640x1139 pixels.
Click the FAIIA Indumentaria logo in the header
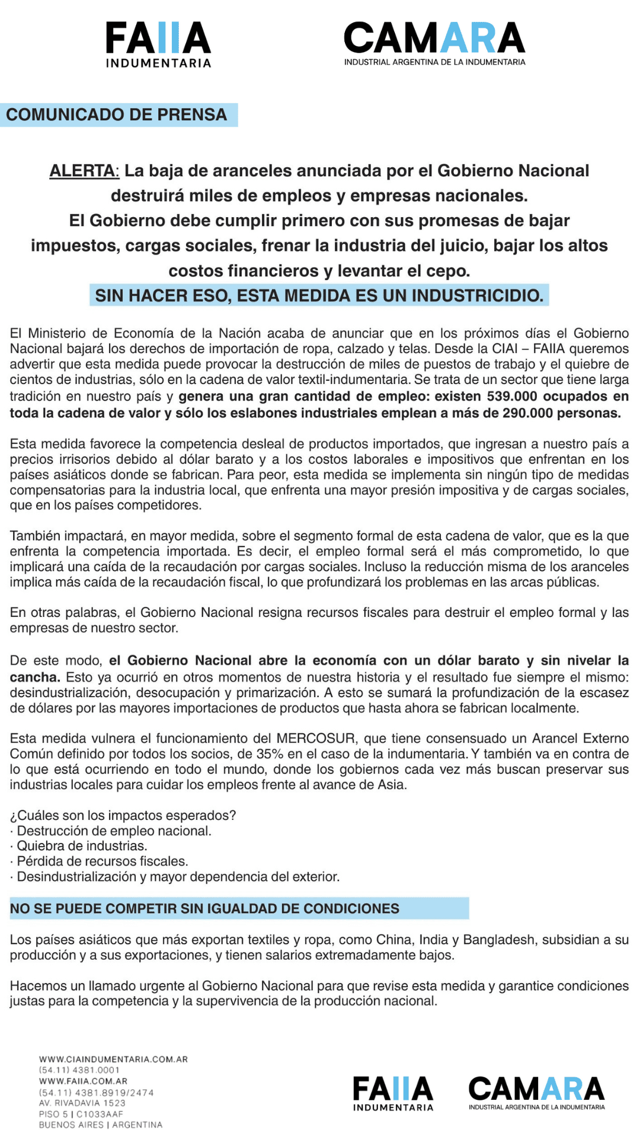(158, 44)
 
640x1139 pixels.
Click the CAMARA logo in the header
(434, 43)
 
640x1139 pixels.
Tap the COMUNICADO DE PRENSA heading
(117, 114)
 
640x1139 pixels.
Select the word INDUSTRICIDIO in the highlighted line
(477, 295)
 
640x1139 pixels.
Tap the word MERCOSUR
(316, 739)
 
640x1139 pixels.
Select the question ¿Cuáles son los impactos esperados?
(123, 816)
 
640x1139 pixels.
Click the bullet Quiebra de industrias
(82, 846)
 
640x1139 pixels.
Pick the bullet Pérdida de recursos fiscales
(102, 861)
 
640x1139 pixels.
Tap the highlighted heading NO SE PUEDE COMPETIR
(204, 909)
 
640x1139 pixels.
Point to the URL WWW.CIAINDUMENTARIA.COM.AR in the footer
(113, 1059)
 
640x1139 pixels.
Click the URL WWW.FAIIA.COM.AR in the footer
(83, 1081)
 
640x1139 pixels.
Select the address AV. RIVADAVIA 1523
(82, 1103)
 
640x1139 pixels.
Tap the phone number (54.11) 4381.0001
(79, 1070)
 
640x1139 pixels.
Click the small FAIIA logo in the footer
(393, 1093)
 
